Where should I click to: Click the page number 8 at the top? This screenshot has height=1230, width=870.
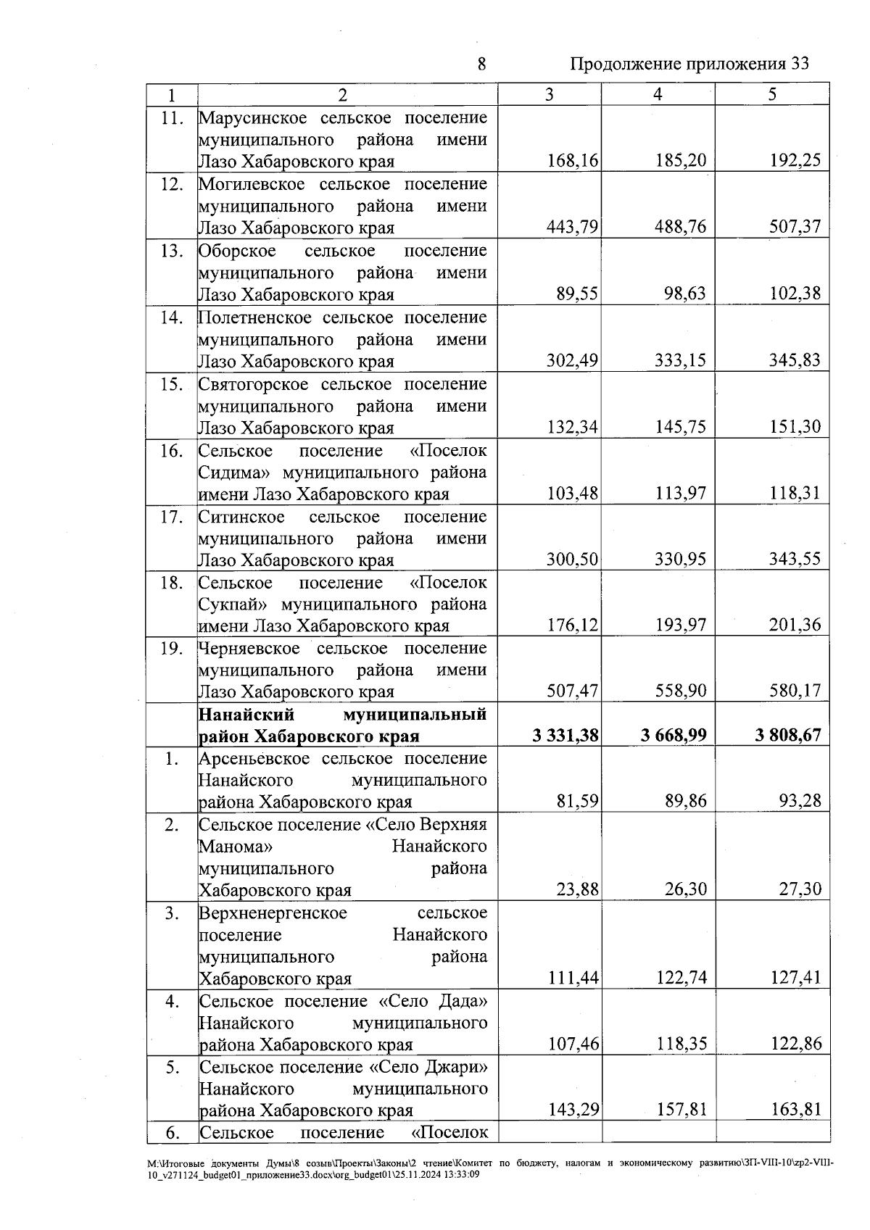(x=481, y=64)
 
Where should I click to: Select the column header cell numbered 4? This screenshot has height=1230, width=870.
(x=658, y=94)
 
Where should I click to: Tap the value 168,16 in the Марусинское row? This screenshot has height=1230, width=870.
(x=572, y=160)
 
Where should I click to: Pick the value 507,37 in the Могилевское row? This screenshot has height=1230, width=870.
(x=795, y=227)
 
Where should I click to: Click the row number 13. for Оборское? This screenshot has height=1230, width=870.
(x=171, y=251)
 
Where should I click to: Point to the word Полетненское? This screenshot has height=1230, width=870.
(x=254, y=317)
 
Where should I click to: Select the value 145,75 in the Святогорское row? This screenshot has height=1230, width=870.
(x=680, y=427)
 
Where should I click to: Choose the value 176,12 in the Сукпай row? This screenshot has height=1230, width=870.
(x=572, y=625)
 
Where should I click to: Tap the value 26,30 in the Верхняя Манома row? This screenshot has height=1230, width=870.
(x=686, y=889)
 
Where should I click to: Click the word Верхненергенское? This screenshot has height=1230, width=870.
(x=273, y=913)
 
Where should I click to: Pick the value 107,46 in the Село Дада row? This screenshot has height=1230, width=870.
(x=572, y=1044)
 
